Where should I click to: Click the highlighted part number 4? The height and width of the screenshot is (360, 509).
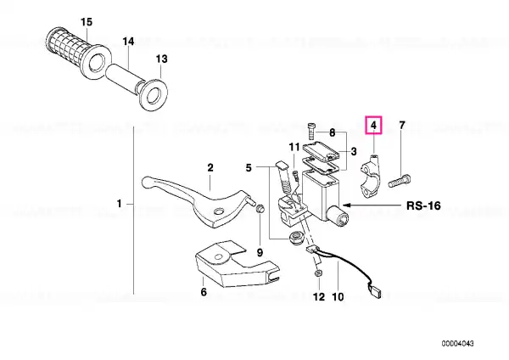coord(373,125)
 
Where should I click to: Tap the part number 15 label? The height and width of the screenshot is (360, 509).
coord(87,22)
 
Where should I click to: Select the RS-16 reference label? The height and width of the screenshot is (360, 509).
coord(423,205)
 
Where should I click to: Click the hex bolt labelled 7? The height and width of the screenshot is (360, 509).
coord(400,181)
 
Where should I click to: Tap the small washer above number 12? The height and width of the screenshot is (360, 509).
coord(318,273)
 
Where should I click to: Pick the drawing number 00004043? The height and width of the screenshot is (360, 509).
coord(457,343)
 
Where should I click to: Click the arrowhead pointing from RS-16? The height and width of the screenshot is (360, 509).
coord(347,205)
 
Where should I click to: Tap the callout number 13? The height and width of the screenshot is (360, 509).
coord(162,59)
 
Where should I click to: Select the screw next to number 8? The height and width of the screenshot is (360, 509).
coord(310,131)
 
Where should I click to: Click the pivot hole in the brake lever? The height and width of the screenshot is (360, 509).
coord(219,212)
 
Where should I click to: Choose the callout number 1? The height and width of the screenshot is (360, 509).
coord(119,204)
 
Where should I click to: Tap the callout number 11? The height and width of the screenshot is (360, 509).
coord(294,148)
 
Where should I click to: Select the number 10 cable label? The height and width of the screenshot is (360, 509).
coord(338,296)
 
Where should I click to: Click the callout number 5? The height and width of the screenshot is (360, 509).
coord(249,168)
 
